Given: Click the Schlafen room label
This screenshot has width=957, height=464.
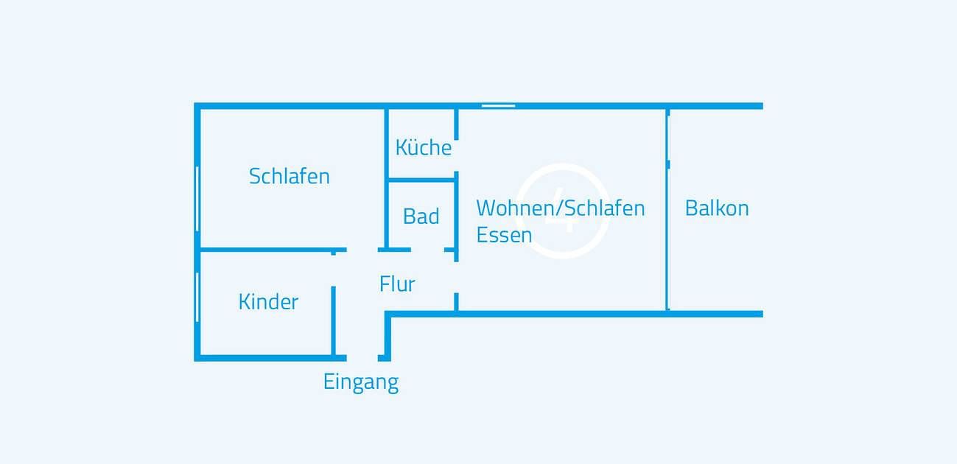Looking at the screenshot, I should (x=289, y=177).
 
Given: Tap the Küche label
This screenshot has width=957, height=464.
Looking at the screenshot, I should (x=423, y=147).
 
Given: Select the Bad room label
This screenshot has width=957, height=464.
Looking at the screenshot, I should (x=421, y=217).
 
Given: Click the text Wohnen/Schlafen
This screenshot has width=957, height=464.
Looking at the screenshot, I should (x=560, y=208).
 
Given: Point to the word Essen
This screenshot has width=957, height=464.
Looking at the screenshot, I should (x=504, y=235).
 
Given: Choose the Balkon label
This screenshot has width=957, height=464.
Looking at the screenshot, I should (x=716, y=208).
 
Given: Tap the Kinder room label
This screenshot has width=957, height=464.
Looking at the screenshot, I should (x=268, y=302).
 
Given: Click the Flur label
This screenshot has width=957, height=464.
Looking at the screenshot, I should (x=397, y=284).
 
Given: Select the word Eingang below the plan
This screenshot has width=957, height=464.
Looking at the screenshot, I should (x=360, y=382).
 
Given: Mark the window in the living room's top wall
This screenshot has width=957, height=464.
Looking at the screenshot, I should (x=498, y=106).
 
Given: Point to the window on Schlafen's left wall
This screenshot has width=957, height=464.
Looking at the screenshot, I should (x=197, y=199).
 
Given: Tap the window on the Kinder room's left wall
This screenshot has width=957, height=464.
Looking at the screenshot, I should (x=197, y=297).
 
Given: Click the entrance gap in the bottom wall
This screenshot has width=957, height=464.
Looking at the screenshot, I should (x=362, y=358).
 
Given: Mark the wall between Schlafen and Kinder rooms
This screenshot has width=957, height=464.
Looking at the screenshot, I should (x=265, y=250).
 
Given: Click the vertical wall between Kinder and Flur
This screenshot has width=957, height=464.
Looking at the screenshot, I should (x=334, y=320).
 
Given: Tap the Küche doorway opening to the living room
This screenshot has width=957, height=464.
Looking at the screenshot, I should (x=457, y=155).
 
